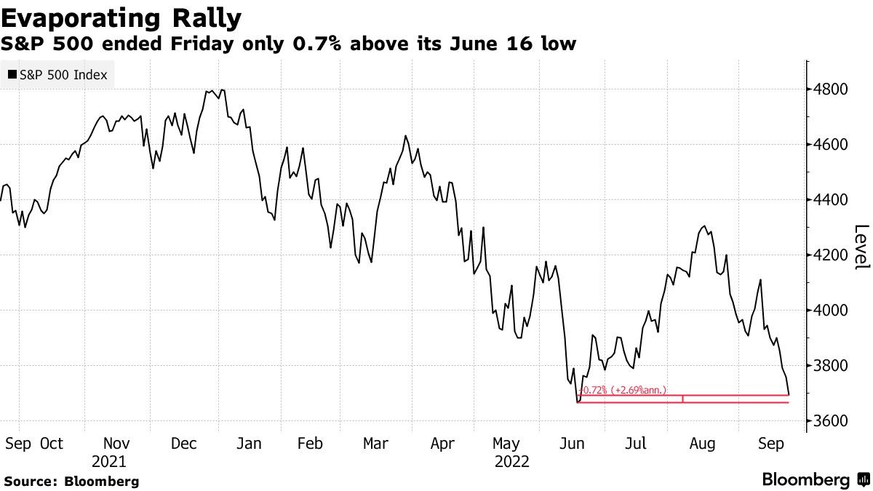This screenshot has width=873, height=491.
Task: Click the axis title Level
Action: tap(861, 247)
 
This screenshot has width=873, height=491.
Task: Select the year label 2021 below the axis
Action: tap(109, 461)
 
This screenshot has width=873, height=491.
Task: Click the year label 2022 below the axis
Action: tap(512, 461)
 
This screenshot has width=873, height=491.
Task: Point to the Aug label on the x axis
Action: tap(702, 443)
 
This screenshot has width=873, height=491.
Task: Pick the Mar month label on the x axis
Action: tap(375, 443)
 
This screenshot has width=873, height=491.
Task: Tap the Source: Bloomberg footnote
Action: tap(71, 481)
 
